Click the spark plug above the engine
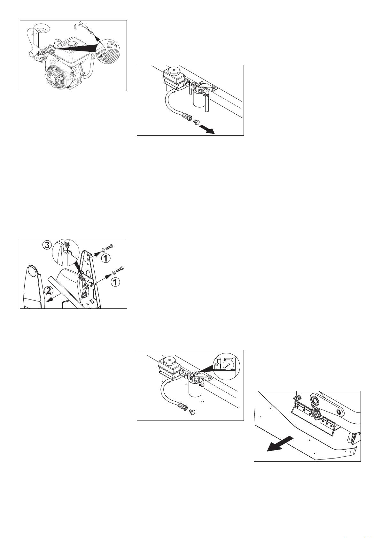90,31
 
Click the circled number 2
49,291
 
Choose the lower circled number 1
115,282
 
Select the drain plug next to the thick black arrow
195,122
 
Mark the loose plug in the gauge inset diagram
192,412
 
